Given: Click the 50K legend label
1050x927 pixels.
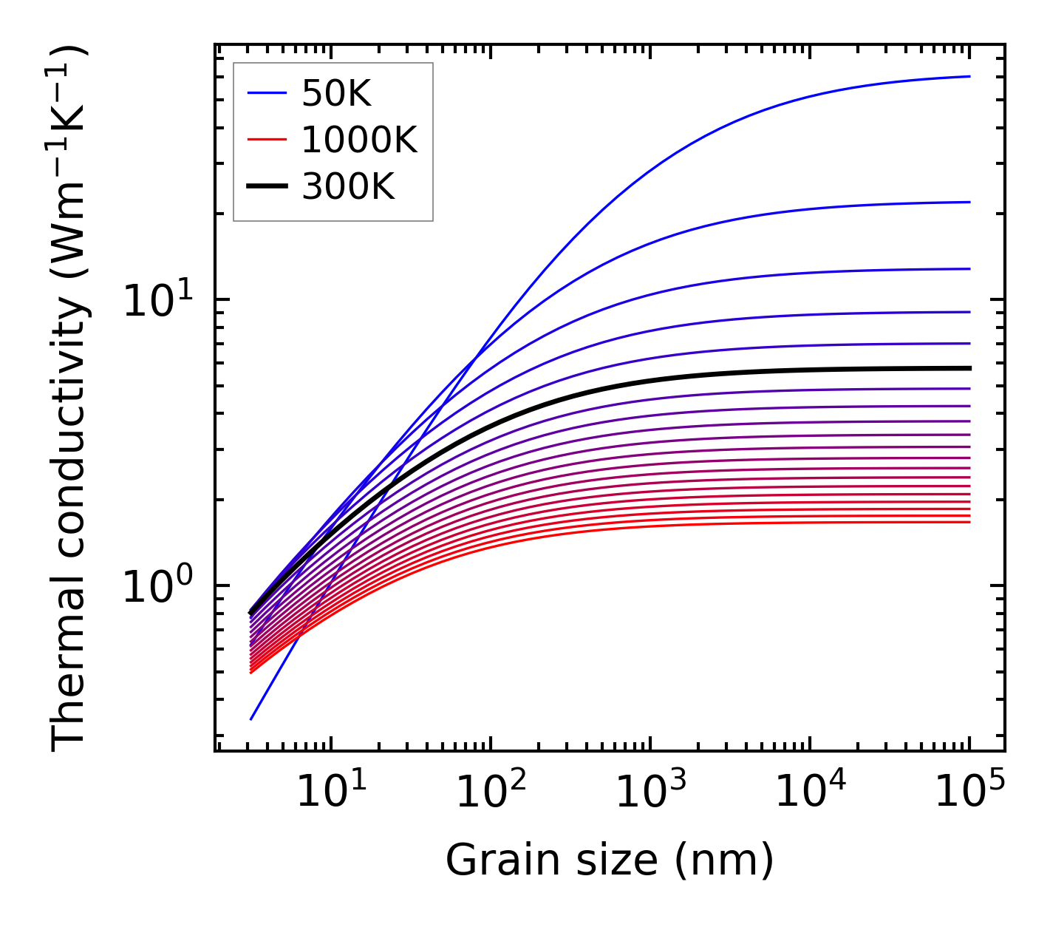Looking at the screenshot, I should point(336,93).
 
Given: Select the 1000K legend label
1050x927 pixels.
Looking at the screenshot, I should point(359,140).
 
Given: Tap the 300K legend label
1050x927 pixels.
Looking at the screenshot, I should point(348,187).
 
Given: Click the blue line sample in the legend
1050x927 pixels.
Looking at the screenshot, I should point(266,93).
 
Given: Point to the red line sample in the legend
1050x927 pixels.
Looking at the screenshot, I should point(266,140).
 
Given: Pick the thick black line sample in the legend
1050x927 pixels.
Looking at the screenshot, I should point(266,187).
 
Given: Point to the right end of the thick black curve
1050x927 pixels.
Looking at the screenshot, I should point(969,367).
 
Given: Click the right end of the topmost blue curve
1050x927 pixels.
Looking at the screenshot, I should point(969,76).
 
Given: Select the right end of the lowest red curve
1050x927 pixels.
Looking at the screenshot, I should point(969,523).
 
